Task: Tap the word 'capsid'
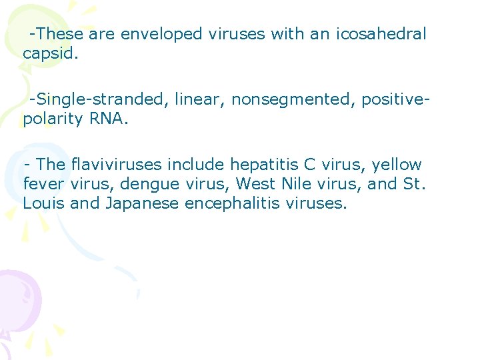(49, 53)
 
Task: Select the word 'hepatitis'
(262, 165)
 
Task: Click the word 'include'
(198, 165)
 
